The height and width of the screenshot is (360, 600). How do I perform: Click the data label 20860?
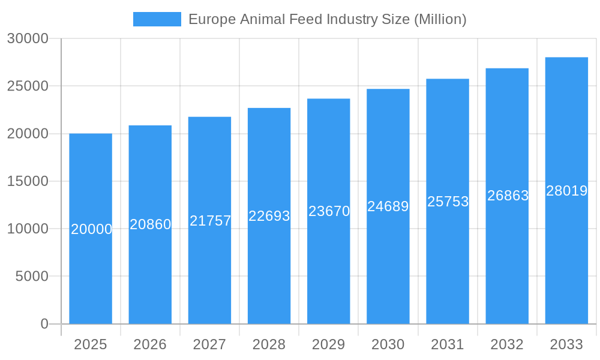click(151, 224)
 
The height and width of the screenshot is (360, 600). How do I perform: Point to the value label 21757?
click(210, 221)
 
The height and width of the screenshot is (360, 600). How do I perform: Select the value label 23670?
click(329, 211)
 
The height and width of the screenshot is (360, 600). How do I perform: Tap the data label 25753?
click(448, 202)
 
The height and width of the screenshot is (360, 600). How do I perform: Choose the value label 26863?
click(508, 196)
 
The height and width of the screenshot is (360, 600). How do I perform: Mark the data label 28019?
click(566, 191)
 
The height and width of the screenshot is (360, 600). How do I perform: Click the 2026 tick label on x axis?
click(150, 344)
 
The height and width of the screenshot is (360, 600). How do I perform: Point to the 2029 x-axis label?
click(329, 344)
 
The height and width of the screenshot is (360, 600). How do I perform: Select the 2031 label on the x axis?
click(448, 344)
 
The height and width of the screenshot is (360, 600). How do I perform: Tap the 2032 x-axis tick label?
click(507, 344)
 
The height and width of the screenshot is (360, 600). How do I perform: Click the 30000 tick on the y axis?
click(28, 38)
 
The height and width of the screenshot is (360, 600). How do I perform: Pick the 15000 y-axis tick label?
click(28, 181)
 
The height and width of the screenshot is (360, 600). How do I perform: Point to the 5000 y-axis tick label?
click(31, 277)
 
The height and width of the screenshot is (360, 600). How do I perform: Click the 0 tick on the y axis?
click(44, 324)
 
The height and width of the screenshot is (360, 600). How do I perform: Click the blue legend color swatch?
click(157, 19)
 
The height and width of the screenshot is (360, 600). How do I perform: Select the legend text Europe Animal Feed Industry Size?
click(327, 19)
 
